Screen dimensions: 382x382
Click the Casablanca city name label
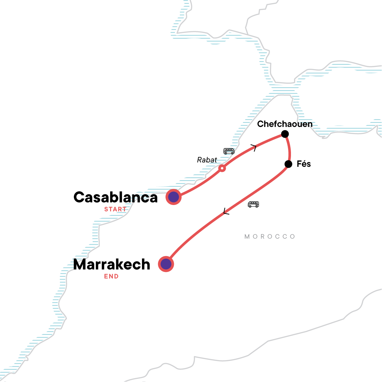116,197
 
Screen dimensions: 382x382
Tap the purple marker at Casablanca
173,197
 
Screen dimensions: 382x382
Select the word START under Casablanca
115,209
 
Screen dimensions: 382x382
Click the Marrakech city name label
111,265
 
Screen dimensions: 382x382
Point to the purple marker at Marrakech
166,264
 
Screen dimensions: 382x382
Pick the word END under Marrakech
111,276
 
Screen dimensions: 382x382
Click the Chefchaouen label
285,124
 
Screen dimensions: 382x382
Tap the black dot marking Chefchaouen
285,134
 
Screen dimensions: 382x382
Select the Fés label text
304,164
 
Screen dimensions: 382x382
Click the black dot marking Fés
288,164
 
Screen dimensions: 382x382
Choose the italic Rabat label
207,160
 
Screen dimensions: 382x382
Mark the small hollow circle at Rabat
222,168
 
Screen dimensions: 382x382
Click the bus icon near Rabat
229,151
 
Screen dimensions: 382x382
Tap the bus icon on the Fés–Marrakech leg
253,204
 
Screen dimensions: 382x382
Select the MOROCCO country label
270,237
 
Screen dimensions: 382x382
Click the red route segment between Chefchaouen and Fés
289,149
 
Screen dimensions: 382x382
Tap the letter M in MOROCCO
247,237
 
